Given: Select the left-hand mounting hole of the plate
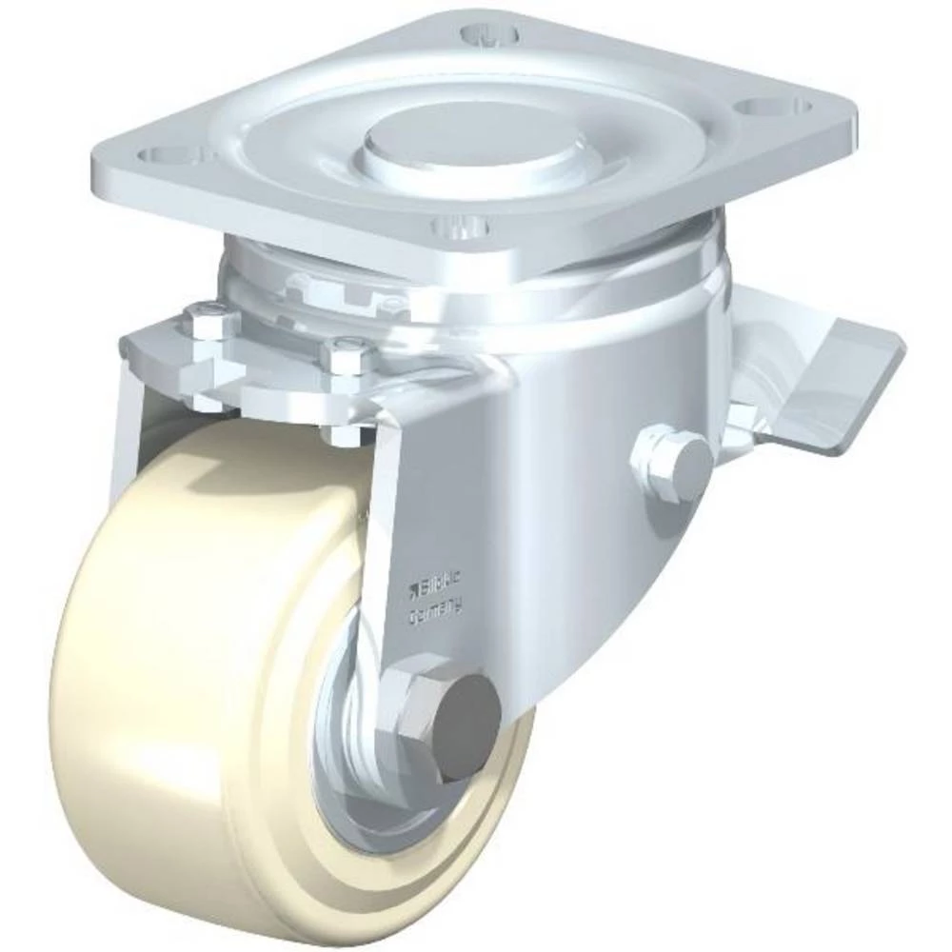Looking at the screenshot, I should coord(170,153).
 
